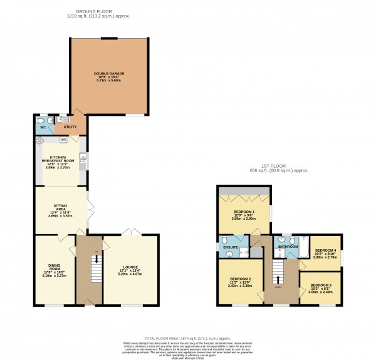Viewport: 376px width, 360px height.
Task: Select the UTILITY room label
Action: click(70, 126)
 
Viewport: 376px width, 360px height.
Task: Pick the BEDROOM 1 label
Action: click(244, 212)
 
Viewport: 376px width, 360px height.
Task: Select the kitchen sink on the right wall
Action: click(83, 164)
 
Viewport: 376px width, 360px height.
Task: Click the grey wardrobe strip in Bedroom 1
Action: click(244, 190)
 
